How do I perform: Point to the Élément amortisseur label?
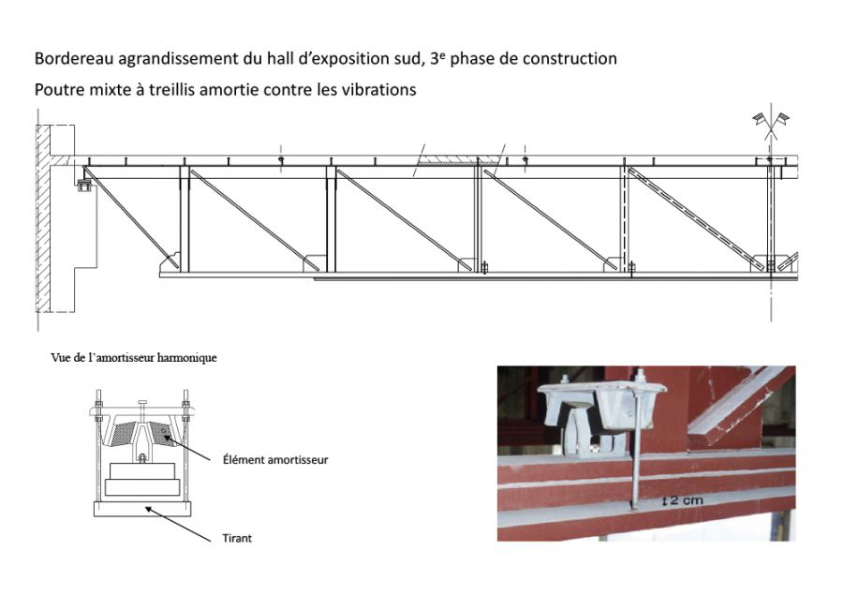[276, 460]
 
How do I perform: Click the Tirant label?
[238, 538]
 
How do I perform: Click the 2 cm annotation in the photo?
[683, 500]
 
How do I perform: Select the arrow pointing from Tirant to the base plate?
[186, 524]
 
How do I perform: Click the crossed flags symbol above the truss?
[770, 122]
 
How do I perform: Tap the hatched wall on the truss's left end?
[45, 225]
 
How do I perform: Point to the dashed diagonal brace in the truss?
[694, 218]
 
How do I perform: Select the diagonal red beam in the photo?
[740, 403]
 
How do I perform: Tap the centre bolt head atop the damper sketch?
[141, 405]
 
